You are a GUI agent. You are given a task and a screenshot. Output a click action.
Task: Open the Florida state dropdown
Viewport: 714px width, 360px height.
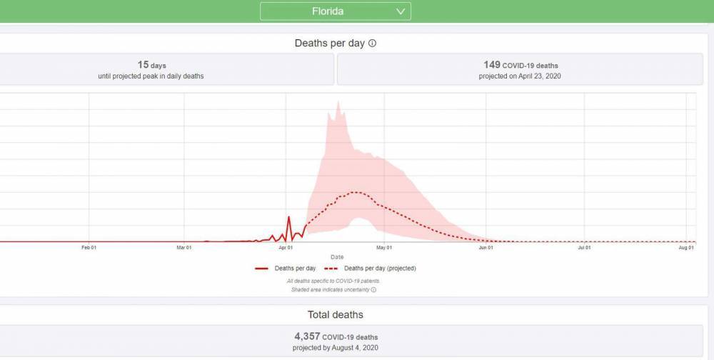click(335, 11)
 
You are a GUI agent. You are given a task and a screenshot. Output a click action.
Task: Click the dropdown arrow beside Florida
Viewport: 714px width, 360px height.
click(401, 11)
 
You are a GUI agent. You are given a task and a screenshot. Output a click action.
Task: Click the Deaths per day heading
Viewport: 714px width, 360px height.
click(329, 44)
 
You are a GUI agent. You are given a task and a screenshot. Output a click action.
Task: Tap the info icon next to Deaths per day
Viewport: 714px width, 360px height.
click(372, 44)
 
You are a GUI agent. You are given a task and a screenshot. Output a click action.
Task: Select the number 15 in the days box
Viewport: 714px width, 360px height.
click(143, 65)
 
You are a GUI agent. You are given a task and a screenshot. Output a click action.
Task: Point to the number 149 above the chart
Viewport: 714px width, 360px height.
click(492, 65)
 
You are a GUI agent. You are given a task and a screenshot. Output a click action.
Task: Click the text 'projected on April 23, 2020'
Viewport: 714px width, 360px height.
click(519, 76)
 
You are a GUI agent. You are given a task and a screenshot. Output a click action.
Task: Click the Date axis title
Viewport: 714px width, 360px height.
click(337, 256)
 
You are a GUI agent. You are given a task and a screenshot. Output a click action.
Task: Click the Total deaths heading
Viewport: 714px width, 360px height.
click(335, 315)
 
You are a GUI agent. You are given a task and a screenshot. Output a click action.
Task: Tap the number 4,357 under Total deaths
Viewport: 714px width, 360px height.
click(308, 336)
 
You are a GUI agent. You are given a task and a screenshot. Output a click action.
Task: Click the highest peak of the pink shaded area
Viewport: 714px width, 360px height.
click(338, 101)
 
